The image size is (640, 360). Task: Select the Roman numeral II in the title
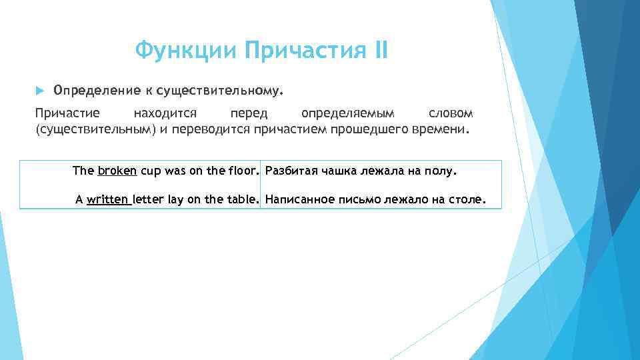pos(380,50)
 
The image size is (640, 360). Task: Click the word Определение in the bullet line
pos(95,89)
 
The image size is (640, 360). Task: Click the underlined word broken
pos(117,171)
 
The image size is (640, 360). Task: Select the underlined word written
pos(109,199)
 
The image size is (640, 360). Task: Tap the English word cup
pos(151,171)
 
